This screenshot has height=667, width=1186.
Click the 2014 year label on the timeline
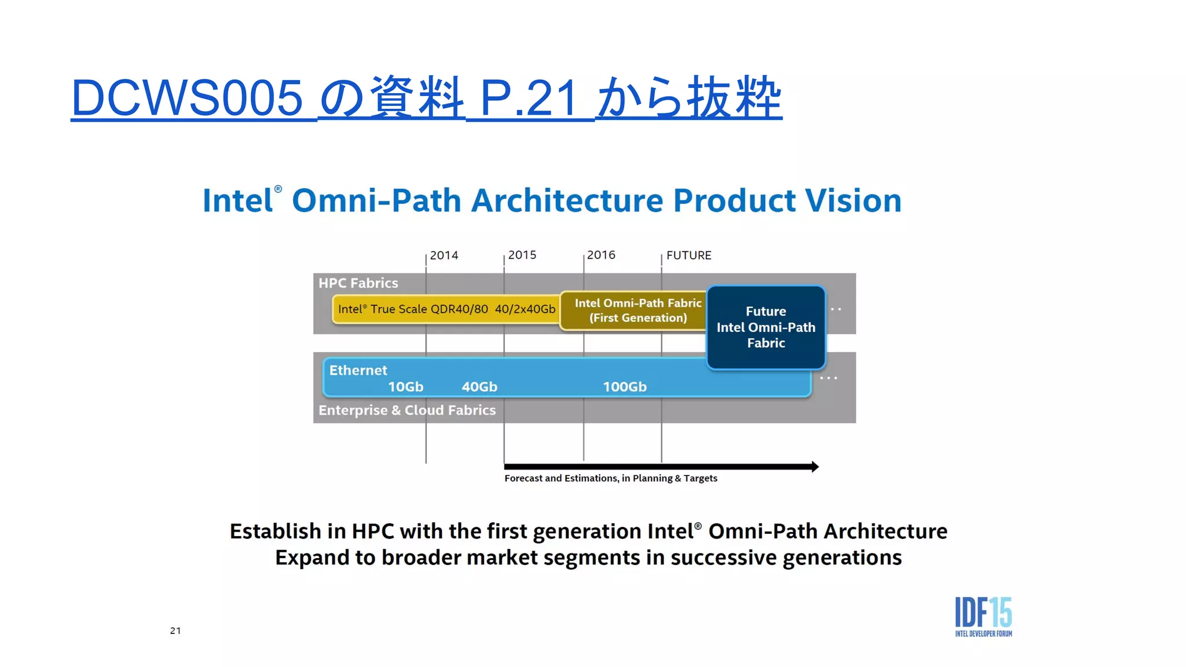pyautogui.click(x=444, y=255)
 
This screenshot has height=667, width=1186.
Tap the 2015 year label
pyautogui.click(x=522, y=255)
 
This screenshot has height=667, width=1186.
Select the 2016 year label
pyautogui.click(x=601, y=255)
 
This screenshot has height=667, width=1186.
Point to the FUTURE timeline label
pyautogui.click(x=688, y=255)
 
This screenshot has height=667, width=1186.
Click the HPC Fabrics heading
pyautogui.click(x=358, y=283)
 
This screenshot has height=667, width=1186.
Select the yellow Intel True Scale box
pyautogui.click(x=446, y=309)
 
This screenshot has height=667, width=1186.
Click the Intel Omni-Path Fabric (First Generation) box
pyautogui.click(x=637, y=310)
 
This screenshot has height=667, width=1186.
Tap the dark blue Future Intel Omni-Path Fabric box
pyautogui.click(x=766, y=327)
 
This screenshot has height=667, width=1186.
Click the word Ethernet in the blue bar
pyautogui.click(x=358, y=370)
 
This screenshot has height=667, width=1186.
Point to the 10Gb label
pyautogui.click(x=405, y=387)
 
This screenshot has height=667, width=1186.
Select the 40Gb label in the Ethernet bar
pyautogui.click(x=479, y=387)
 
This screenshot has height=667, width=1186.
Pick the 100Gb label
pyautogui.click(x=624, y=387)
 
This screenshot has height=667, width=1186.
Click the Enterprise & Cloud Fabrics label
pyautogui.click(x=407, y=410)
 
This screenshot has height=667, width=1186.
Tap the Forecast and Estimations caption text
pyautogui.click(x=610, y=478)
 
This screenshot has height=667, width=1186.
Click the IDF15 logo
pyautogui.click(x=983, y=617)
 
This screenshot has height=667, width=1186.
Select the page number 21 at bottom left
pyautogui.click(x=175, y=631)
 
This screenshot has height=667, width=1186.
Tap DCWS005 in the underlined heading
pyautogui.click(x=186, y=98)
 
